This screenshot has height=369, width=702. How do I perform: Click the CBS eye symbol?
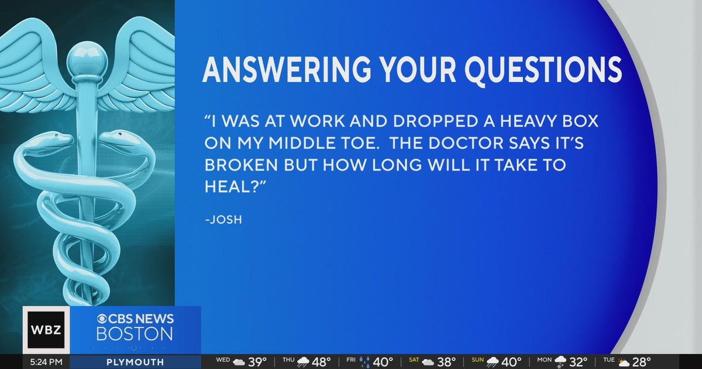103,319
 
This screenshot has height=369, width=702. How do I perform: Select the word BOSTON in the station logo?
135,334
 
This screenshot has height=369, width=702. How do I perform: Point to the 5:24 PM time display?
46,362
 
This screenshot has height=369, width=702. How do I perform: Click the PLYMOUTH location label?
135,362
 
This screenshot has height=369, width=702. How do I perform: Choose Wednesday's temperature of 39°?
257,362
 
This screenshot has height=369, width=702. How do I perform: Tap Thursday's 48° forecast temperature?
321,362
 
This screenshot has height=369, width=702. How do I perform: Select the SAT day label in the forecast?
414,360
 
